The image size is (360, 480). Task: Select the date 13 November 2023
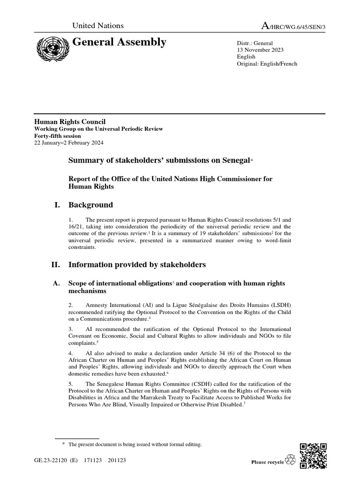(x=260, y=49)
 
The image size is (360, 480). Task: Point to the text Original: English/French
(x=267, y=64)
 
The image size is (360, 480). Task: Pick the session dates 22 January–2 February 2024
(x=69, y=142)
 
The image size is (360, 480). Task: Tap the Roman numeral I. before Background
(x=57, y=205)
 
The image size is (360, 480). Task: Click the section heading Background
(x=90, y=205)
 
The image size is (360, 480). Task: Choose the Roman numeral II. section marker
(x=55, y=265)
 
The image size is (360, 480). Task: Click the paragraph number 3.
(x=70, y=329)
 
